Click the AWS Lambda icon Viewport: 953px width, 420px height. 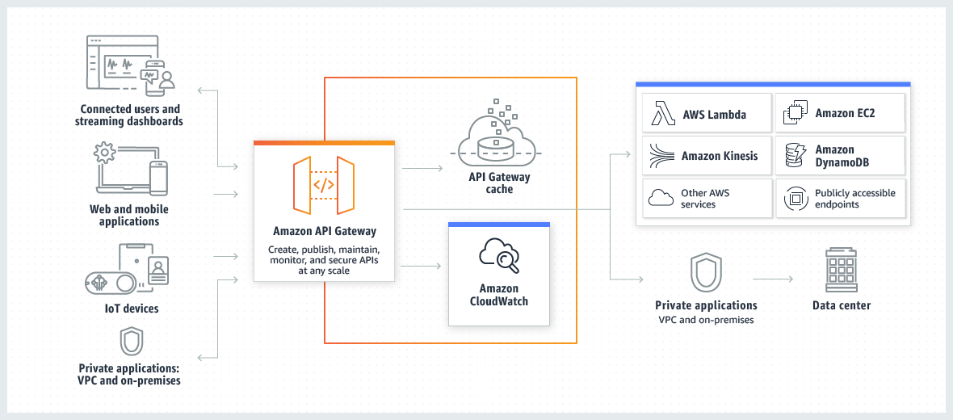[663, 115]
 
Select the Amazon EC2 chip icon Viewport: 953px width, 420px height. [796, 115]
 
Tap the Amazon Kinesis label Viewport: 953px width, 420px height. [720, 156]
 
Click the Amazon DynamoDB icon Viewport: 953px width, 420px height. [796, 156]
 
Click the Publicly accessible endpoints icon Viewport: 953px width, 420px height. [796, 198]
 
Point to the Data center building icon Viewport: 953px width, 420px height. [841, 271]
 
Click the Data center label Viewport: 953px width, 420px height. [842, 305]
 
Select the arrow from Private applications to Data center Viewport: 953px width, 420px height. [773, 279]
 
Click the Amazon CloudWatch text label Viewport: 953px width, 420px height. [499, 295]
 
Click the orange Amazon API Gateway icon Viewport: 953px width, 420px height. [324, 185]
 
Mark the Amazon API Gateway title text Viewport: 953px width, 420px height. [324, 232]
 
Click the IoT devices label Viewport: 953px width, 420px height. [130, 309]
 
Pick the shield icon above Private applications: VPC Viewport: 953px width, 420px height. [131, 342]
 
